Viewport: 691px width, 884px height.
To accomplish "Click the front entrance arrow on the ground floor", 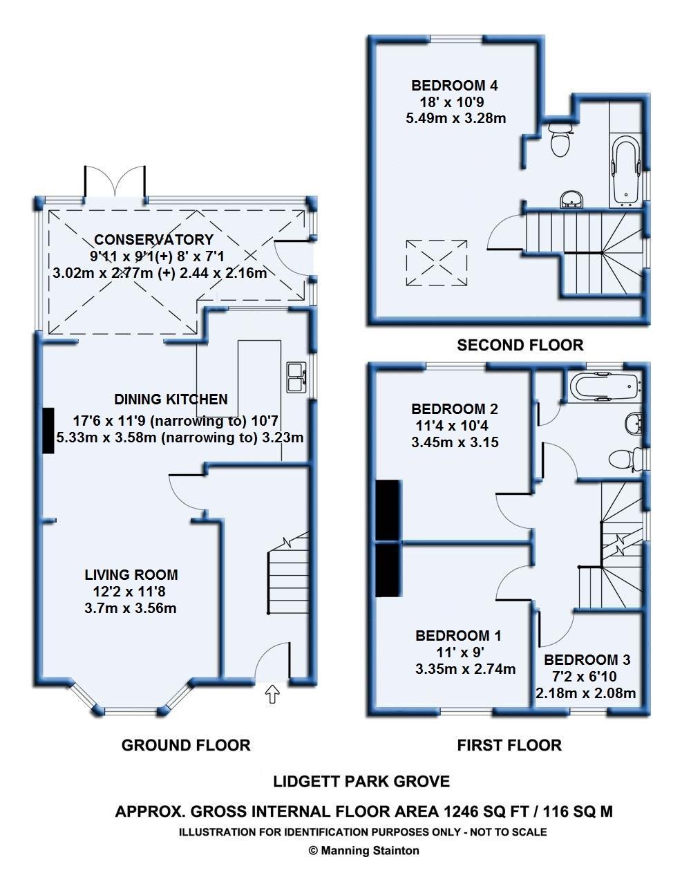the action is [272, 694].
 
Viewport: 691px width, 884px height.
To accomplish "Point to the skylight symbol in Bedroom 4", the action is [437, 263].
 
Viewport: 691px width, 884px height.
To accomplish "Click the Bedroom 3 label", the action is [587, 659].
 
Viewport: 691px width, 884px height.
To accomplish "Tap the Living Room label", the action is [131, 574].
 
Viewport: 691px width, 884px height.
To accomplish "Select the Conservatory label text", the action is [153, 239].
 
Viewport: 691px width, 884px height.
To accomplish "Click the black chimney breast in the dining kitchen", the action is [48, 431].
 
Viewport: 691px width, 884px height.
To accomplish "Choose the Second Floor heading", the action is [520, 345].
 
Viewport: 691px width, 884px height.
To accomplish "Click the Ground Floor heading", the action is [186, 745].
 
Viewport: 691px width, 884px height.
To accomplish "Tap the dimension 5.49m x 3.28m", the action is [456, 118].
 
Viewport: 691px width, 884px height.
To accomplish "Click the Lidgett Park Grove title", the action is [361, 782].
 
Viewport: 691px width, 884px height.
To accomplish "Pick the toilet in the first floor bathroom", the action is [624, 460].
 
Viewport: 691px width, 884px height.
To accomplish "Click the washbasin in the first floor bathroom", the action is [634, 424].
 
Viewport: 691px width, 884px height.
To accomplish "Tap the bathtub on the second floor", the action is [626, 171].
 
